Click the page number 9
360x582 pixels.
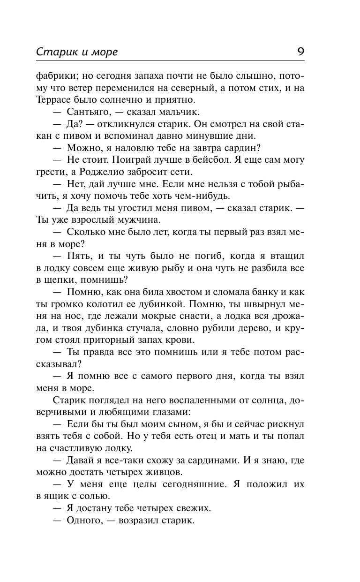coord(300,51)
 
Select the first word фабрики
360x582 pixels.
coord(53,75)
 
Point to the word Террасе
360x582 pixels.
coord(55,99)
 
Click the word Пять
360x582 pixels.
coord(76,257)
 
